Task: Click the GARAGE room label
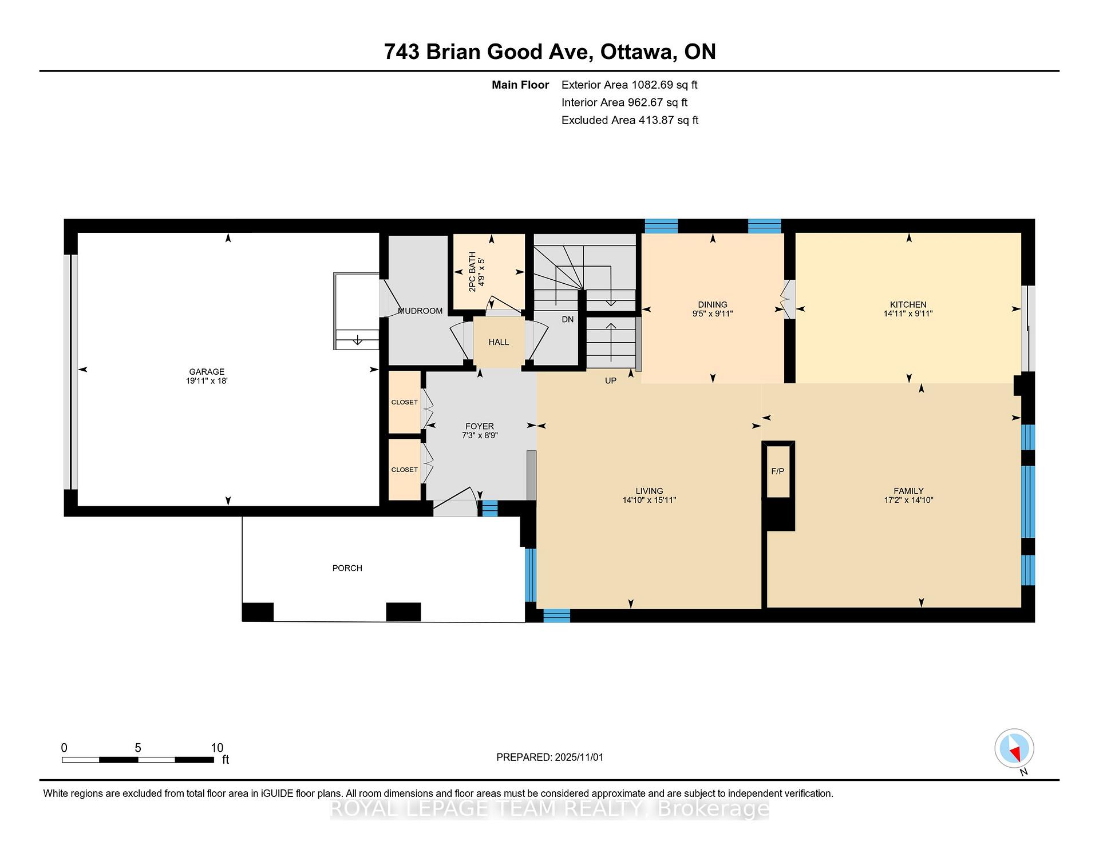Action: tap(207, 371)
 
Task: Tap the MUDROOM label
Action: tap(420, 311)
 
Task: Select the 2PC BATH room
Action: tap(489, 271)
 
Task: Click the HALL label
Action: tap(499, 342)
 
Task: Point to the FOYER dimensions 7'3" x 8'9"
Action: tap(480, 435)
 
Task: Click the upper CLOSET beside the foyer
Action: tap(405, 402)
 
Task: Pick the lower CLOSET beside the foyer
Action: tap(405, 469)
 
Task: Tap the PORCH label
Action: tap(347, 568)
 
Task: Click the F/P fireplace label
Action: tap(778, 471)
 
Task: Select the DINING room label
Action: tap(713, 304)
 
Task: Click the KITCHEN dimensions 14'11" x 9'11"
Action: tap(908, 314)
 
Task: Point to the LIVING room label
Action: tap(649, 491)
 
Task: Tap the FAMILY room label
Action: tap(908, 491)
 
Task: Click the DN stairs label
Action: tap(568, 319)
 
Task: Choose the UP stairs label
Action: tap(611, 380)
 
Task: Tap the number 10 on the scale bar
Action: tap(217, 748)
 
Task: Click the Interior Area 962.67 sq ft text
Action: tap(624, 102)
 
